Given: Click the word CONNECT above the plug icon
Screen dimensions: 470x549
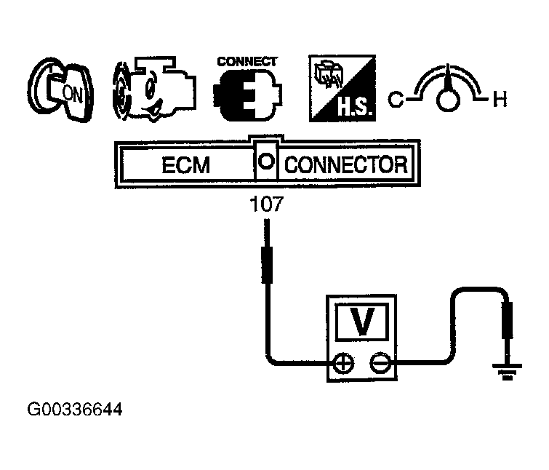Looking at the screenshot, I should click(247, 62).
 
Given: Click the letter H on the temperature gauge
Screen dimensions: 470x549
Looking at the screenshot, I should click(500, 100).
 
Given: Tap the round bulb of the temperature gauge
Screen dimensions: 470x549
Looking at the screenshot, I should click(447, 100).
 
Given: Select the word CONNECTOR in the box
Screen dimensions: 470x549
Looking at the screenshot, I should click(345, 164).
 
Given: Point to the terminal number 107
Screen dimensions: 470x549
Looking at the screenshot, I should click(266, 207).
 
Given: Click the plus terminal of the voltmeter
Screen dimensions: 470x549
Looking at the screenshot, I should click(341, 362).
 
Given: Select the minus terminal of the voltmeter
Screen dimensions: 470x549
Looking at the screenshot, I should click(378, 362).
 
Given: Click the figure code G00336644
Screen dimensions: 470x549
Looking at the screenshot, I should click(74, 410).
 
